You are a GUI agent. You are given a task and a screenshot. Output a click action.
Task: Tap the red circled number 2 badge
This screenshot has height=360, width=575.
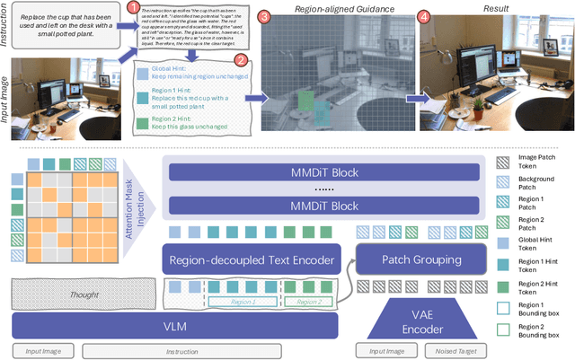point(240,61)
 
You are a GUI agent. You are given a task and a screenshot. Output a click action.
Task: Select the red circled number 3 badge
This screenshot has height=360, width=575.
point(263,17)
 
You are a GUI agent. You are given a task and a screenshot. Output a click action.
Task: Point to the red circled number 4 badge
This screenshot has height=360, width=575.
point(424,17)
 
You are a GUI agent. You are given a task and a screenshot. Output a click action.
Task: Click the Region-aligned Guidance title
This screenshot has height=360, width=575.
point(335,9)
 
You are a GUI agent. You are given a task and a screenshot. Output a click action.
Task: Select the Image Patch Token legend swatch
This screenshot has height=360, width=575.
point(504,162)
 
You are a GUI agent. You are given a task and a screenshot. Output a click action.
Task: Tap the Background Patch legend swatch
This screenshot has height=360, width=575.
point(504,183)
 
